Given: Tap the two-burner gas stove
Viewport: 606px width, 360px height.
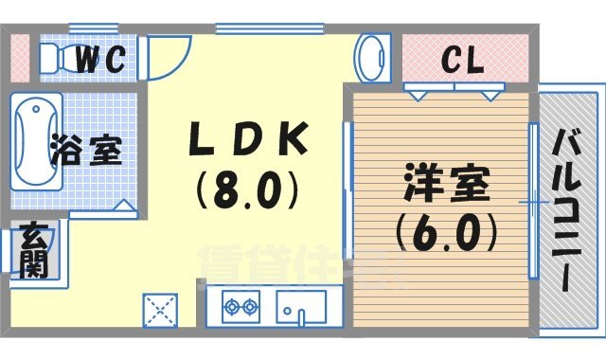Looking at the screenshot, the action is (x=241, y=307).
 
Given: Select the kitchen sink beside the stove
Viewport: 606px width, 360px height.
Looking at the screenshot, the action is (x=301, y=307).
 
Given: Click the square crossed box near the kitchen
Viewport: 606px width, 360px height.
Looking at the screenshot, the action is (x=160, y=310).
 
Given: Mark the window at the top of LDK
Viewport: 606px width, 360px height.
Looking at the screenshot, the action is (x=247, y=29).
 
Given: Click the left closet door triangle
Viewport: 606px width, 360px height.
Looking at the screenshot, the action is (x=417, y=94).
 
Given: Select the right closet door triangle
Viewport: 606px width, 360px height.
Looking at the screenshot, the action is (x=490, y=94).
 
